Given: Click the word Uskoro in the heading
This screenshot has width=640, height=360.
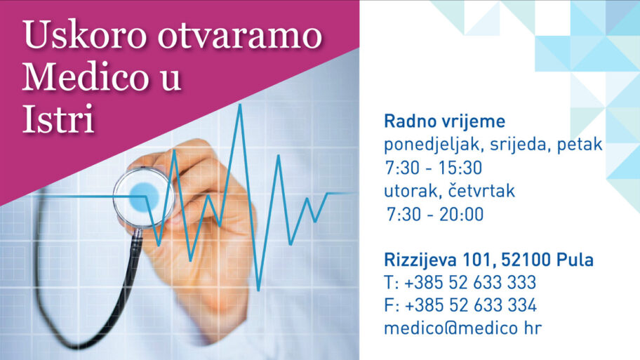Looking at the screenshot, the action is coord(84,34).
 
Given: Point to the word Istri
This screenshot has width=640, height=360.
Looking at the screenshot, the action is coord(58,119).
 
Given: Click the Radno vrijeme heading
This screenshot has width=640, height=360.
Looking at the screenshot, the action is coord(444,121).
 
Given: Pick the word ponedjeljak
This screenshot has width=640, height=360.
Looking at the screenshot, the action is coord(434,145).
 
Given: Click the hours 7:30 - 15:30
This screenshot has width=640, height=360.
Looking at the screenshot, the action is coord(434,168).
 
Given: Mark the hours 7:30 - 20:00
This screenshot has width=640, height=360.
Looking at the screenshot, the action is coord(435,214).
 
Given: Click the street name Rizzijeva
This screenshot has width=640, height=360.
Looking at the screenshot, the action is coord(420,260).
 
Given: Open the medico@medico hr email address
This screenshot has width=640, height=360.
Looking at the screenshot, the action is coord(463,328).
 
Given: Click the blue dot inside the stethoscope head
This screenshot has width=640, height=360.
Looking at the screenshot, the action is coord(144,197).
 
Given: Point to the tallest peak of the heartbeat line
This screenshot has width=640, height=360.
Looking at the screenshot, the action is coord(240,105).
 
